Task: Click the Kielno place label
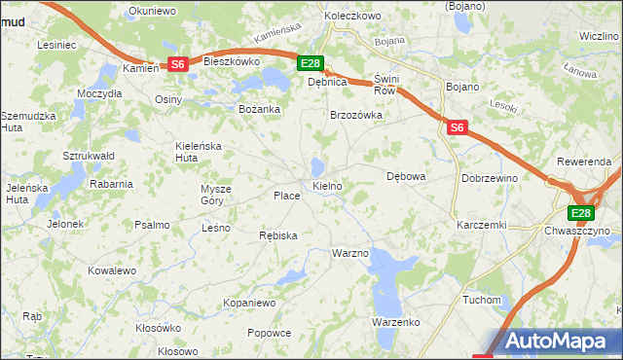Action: pyautogui.click(x=326, y=185)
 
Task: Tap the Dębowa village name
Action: pyautogui.click(x=407, y=177)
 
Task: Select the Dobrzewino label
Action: pyautogui.click(x=489, y=179)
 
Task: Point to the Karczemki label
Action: pyautogui.click(x=481, y=225)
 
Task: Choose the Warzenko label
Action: pyautogui.click(x=395, y=321)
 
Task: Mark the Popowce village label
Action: pyautogui.click(x=269, y=333)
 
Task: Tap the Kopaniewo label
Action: pyautogui.click(x=250, y=304)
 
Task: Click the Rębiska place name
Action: pyautogui.click(x=278, y=235)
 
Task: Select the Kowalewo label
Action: pyautogui.click(x=111, y=270)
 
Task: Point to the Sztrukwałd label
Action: pyautogui.click(x=89, y=156)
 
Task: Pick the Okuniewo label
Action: pyautogui.click(x=151, y=13)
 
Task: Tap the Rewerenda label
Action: pyautogui.click(x=583, y=161)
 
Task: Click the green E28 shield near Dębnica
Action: pyautogui.click(x=310, y=64)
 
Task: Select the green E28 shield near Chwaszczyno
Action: pyautogui.click(x=581, y=214)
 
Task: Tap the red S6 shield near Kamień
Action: pyautogui.click(x=177, y=64)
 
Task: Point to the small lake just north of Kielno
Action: pyautogui.click(x=318, y=165)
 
